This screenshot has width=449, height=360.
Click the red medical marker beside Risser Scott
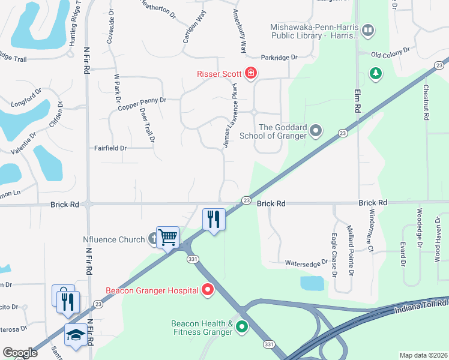pos(250,74)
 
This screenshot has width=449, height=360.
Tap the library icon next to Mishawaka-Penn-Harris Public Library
pos(368,29)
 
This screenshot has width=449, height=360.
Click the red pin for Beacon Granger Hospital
pos(208,290)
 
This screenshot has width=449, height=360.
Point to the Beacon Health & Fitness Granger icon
pos(242,327)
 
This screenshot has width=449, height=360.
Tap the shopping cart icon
pos(167,237)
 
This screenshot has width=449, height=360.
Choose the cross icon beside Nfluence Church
pos(153,239)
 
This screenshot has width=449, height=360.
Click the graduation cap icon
pos(76,334)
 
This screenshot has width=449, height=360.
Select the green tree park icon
pos(376,73)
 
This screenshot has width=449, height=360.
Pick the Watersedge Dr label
pos(306,262)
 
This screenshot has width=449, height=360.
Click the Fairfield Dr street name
pos(110,148)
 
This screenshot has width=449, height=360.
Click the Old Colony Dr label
pos(390,53)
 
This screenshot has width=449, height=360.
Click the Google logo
pos(20,352)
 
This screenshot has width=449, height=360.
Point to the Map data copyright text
pos(423,355)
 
